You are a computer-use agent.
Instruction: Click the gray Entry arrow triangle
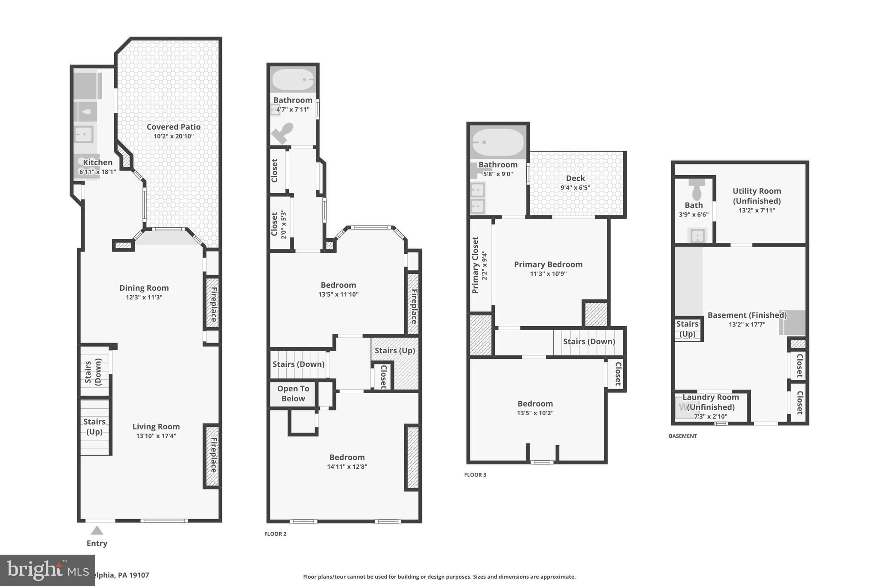coord(97,531)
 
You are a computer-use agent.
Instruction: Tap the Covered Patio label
coord(173,127)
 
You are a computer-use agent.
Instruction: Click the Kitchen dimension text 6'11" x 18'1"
coord(97,172)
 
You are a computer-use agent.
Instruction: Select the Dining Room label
coord(144,288)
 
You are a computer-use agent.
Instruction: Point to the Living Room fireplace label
coord(213,455)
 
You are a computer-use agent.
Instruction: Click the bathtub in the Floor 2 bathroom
coord(293,79)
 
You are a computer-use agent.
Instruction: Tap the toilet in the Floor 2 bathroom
coord(283,133)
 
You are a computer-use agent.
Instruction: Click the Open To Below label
coord(293,393)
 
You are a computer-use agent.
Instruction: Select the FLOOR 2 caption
coord(275,534)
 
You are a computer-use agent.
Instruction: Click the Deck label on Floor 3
coord(575,178)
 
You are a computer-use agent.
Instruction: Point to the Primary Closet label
coord(475,265)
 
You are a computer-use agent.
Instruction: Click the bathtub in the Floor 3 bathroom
coord(498,142)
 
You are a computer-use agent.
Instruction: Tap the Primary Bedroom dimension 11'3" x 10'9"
coord(548,274)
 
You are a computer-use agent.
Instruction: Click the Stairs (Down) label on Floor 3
coord(589,341)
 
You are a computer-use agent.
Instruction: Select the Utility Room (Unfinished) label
coord(756,196)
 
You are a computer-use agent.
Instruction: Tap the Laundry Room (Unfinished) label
coord(710,402)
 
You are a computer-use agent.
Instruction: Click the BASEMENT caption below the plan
coord(682,436)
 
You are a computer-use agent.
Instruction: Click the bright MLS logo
coord(47,570)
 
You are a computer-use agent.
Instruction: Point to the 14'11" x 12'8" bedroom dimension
coord(347,467)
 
